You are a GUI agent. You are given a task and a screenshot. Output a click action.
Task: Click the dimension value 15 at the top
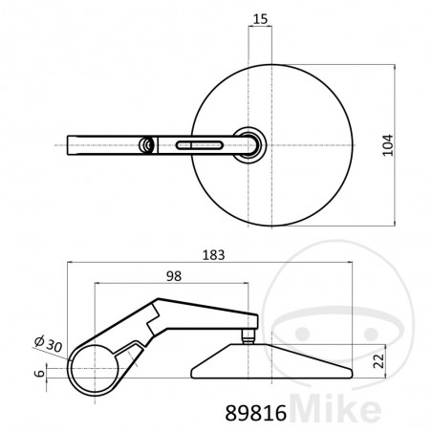coord(260,19)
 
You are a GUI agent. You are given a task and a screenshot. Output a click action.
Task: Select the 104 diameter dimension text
coord(388,145)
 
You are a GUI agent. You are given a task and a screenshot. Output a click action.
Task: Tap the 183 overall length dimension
coord(214,255)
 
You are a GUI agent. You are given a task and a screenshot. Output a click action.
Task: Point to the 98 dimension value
coord(174,276)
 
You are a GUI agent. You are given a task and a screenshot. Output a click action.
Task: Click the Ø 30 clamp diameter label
coord(49,344)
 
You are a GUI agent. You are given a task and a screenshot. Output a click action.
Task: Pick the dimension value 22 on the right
coord(379,361)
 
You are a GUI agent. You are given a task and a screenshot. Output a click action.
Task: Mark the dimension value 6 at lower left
coord(39,373)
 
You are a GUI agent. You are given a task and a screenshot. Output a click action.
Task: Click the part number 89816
coord(256,413)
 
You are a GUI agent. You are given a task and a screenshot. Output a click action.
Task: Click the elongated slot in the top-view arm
coord(199,145)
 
